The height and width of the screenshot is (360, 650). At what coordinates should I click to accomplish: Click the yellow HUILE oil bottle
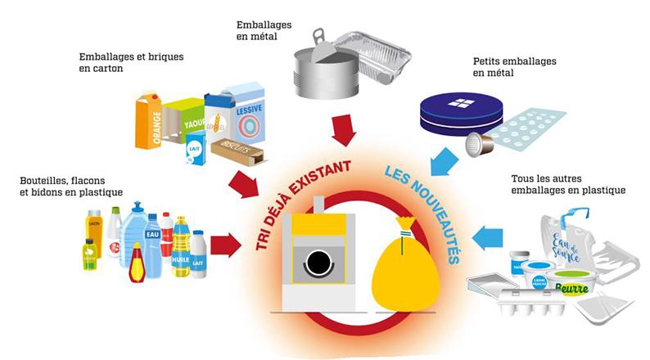click(180, 246)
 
